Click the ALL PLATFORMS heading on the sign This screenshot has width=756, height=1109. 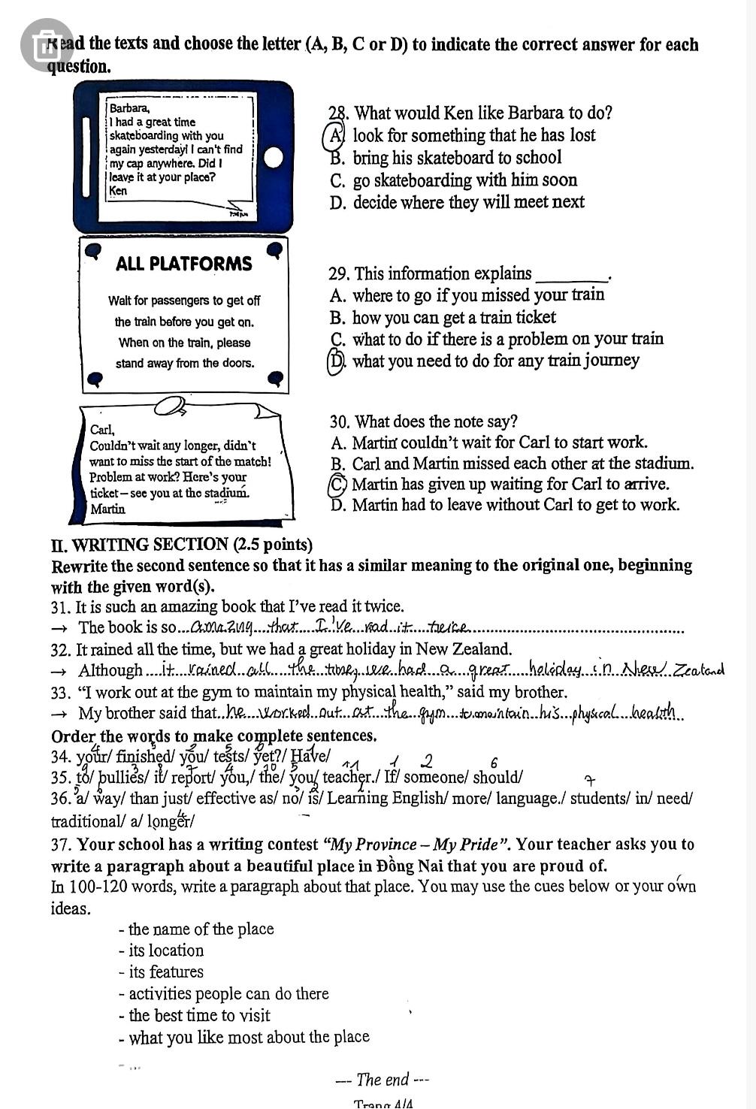[x=184, y=264]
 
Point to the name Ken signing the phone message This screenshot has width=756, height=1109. [x=118, y=191]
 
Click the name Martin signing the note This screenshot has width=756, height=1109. [x=107, y=509]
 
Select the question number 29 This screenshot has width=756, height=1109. [x=339, y=274]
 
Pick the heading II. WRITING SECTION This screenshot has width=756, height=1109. [x=182, y=545]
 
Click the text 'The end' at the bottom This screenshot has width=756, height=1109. [x=383, y=1080]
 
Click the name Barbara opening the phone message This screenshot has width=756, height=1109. [x=129, y=108]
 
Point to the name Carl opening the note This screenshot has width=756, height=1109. [x=101, y=431]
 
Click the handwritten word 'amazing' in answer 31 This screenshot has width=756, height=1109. [x=216, y=628]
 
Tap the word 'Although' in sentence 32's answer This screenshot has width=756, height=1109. [x=110, y=671]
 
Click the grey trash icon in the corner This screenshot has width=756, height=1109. [x=46, y=44]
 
